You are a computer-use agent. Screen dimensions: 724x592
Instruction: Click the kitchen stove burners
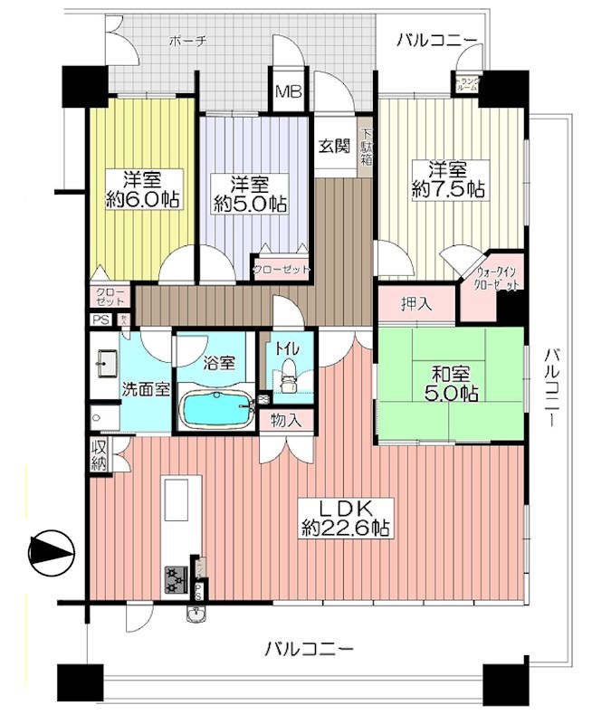tap(175, 577)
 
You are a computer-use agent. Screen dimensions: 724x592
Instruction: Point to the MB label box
tap(289, 92)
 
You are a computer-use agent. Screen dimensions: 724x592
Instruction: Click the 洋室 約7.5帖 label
tap(447, 179)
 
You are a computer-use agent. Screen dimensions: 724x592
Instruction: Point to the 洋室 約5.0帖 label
tap(250, 193)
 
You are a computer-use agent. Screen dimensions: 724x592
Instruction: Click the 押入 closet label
tap(416, 305)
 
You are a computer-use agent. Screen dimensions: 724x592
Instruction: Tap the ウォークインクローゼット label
tap(497, 277)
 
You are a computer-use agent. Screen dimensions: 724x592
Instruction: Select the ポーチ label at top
tap(188, 41)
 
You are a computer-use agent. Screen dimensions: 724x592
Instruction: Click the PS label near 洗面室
tap(99, 319)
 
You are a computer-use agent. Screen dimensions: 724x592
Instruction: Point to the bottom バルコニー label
tap(309, 649)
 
